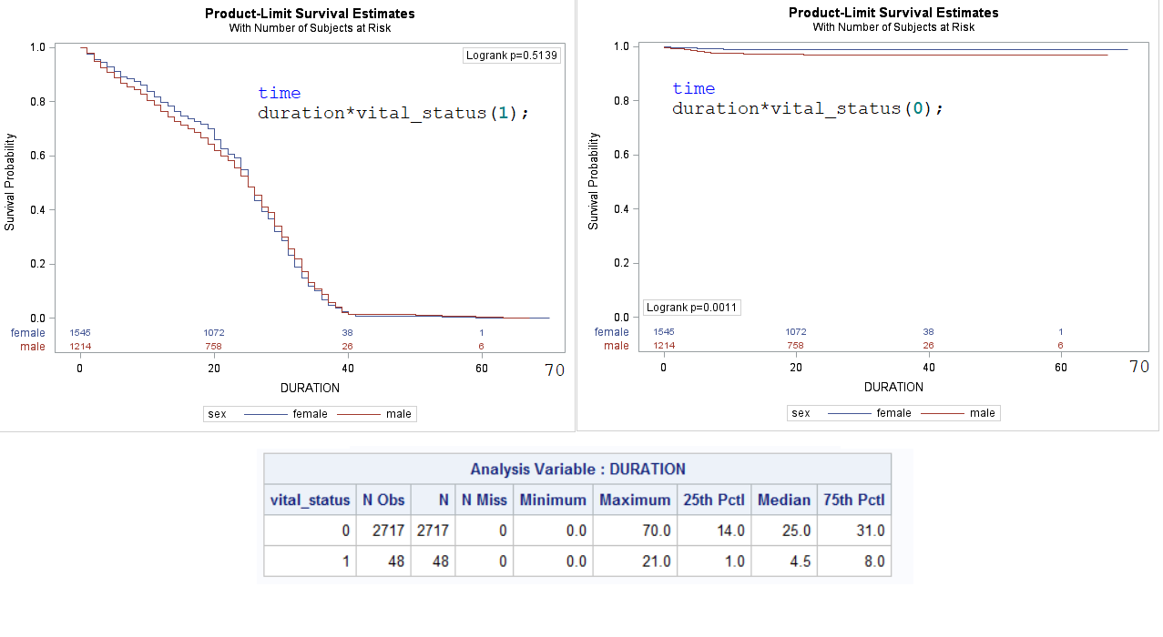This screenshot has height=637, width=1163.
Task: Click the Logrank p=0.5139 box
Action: point(511,56)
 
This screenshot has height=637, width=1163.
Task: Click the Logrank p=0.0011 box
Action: point(692,308)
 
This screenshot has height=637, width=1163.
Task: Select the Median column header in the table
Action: point(784,500)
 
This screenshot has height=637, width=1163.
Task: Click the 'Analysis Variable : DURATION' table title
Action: point(577,470)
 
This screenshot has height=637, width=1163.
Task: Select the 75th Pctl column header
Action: point(853,500)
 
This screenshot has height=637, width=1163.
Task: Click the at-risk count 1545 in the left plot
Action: point(79,333)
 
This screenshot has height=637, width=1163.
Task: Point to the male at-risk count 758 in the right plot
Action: point(796,345)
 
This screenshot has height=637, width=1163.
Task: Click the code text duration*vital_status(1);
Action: point(393,113)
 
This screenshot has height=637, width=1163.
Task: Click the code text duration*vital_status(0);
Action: point(808,108)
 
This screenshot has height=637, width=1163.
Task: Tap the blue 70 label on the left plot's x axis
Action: point(554,370)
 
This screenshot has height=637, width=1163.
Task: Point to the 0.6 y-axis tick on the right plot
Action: point(621,155)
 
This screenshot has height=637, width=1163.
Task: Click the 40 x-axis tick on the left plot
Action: point(348,369)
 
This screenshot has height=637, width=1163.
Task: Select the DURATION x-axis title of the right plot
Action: point(893,387)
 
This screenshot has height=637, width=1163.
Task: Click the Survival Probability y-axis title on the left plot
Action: point(10,182)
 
